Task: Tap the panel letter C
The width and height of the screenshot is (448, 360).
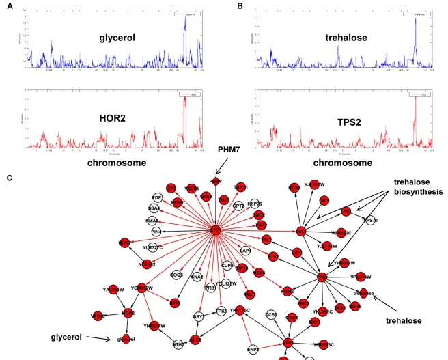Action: coord(8,179)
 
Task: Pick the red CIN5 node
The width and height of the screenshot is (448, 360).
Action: coord(172,187)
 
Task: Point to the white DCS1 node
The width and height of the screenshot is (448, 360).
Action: coord(271,315)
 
